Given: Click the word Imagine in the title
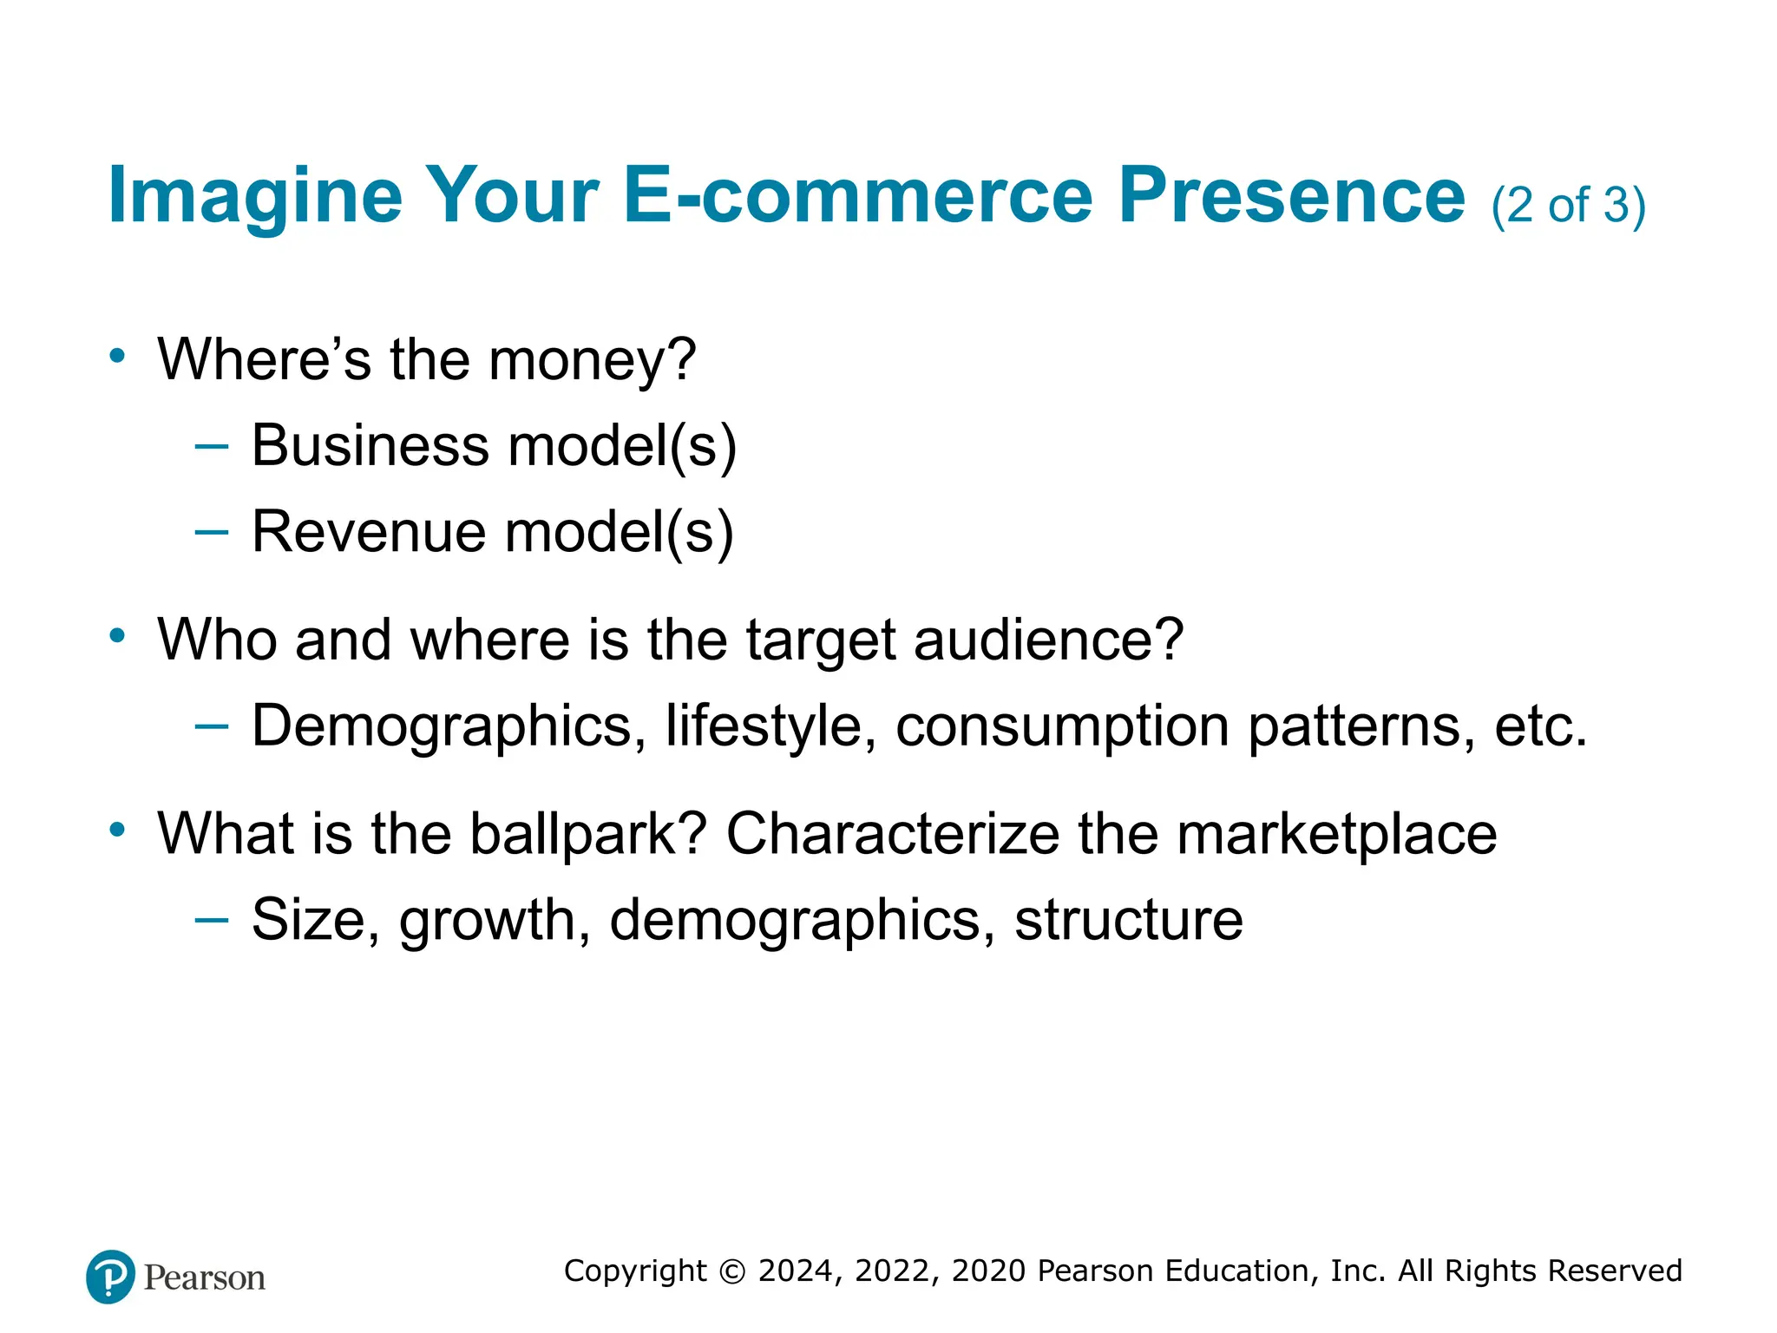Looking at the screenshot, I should tap(255, 196).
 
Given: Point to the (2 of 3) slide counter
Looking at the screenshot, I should tap(1568, 207).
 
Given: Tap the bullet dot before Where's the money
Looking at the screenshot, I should tap(118, 355).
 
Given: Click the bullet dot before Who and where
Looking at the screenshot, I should tap(118, 635).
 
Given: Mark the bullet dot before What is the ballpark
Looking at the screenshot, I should tap(118, 830).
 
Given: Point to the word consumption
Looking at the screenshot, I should tap(1062, 727).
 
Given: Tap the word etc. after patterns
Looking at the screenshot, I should tap(1540, 726).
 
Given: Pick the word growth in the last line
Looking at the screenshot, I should tap(495, 920).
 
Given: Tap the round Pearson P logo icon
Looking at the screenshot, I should tap(111, 1277).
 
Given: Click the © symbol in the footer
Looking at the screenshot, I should tap(732, 1271).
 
